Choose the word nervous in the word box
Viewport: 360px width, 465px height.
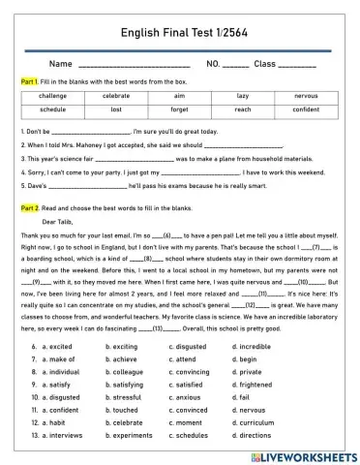[305, 97]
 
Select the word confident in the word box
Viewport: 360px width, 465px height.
[305, 109]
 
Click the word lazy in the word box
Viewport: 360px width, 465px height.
[242, 97]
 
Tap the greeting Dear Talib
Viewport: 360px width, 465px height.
[59, 221]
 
